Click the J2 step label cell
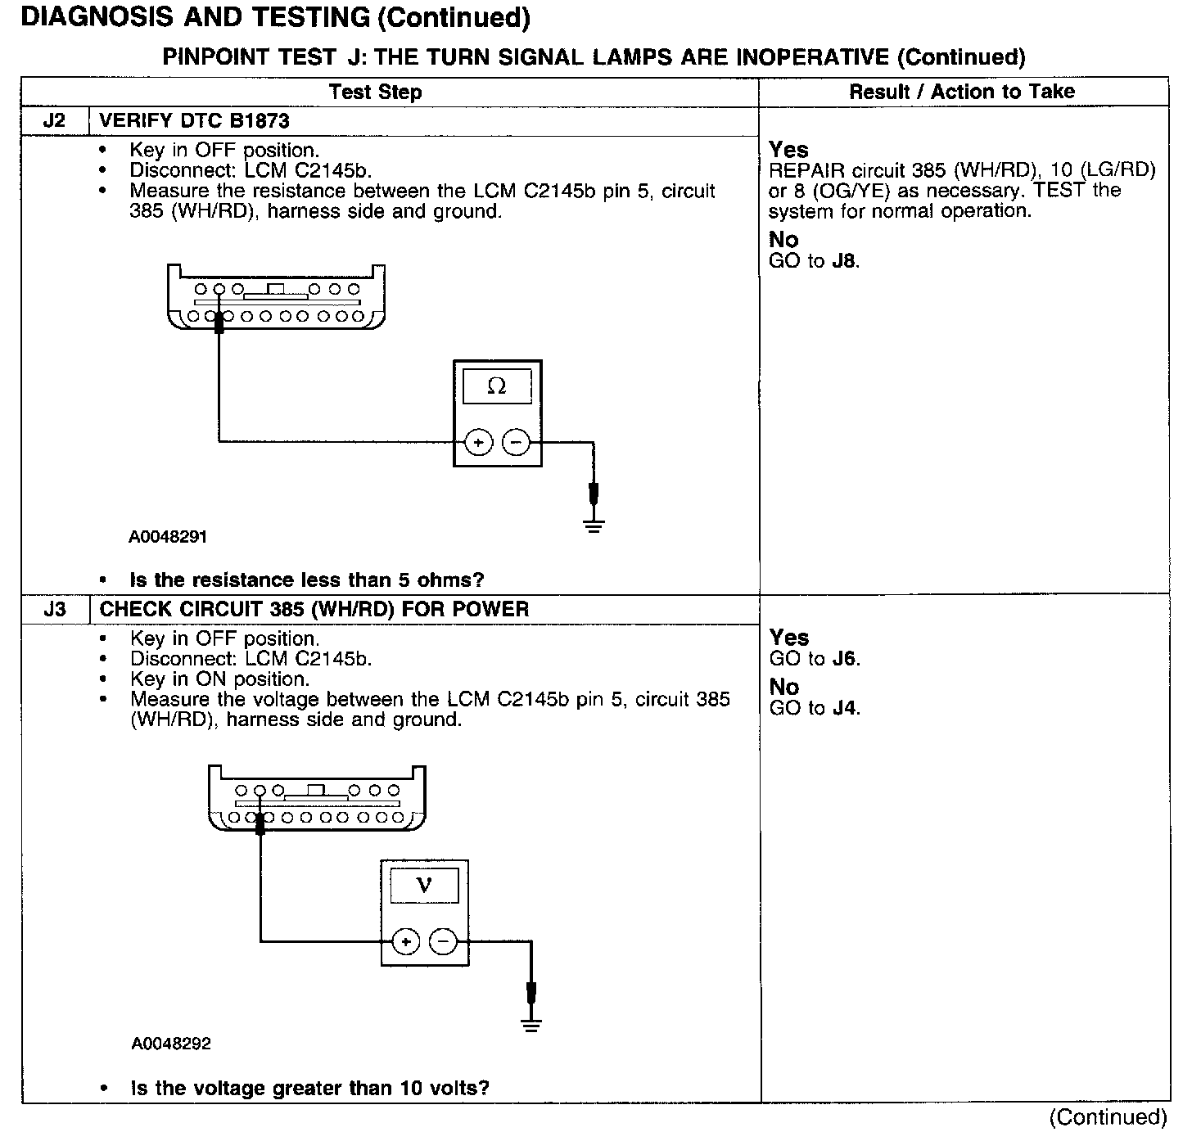(54, 121)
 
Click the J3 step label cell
(55, 610)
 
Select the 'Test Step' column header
(375, 92)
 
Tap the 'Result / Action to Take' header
(961, 92)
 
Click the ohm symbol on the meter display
(497, 386)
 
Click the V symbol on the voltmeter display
(424, 885)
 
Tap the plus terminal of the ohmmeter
(478, 443)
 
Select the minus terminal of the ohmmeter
(516, 443)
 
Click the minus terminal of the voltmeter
(443, 942)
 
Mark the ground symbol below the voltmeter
(532, 1025)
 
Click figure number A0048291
(168, 537)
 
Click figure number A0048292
(171, 1044)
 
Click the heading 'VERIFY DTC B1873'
(194, 121)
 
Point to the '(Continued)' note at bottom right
(1107, 1117)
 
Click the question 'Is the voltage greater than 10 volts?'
(309, 1088)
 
